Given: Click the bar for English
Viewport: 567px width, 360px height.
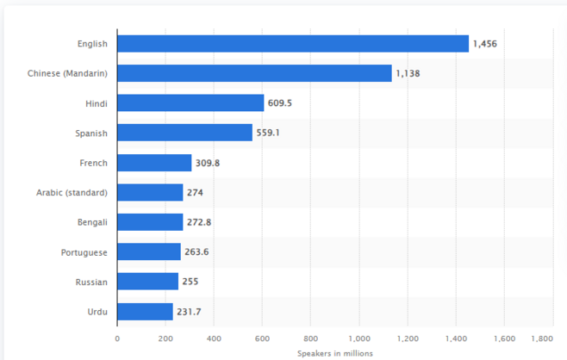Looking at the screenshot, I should [293, 44].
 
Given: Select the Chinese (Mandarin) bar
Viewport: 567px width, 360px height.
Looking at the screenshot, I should [254, 73].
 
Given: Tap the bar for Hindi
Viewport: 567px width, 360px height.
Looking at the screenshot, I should [190, 103].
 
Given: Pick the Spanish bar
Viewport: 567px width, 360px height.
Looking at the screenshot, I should [184, 133].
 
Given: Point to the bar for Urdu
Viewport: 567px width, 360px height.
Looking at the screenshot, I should [145, 312].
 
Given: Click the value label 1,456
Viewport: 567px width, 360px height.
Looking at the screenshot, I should [486, 44].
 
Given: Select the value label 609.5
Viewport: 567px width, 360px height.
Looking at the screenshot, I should [280, 103].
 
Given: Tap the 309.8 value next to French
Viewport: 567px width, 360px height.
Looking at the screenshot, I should [208, 163].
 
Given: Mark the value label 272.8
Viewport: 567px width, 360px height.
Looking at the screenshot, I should [199, 222].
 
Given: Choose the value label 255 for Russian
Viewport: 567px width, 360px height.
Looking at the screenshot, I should [190, 282].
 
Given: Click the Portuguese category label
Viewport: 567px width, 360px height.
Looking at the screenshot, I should [84, 252].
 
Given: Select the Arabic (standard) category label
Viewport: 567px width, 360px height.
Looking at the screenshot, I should [72, 192].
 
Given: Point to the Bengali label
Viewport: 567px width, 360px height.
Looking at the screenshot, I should [92, 222].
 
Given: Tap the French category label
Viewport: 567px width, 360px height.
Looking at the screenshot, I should [93, 163].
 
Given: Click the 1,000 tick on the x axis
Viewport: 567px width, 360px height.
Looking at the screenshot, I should [358, 338].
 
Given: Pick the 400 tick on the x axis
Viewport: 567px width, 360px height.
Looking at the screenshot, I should [214, 338].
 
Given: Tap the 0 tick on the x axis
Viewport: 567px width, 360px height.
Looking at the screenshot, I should [117, 338].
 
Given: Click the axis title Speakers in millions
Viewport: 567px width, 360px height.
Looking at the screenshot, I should [334, 352].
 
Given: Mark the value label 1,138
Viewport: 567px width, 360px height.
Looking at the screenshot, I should [408, 74].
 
